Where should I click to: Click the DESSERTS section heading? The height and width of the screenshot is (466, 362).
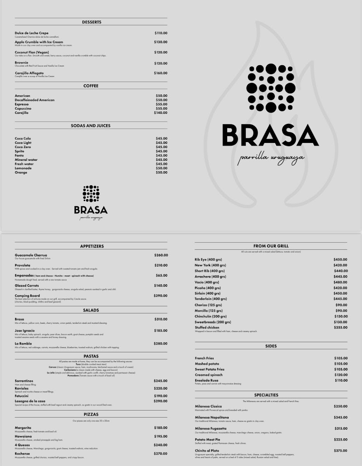pyautogui.click(x=91, y=22)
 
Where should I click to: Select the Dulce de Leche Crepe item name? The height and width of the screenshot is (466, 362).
pyautogui.click(x=32, y=33)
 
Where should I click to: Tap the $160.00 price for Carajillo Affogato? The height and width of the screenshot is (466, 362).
pyautogui.click(x=161, y=73)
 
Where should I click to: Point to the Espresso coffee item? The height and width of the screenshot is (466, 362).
pyautogui.click(x=22, y=104)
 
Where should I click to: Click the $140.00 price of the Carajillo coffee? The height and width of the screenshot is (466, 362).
pyautogui.click(x=161, y=113)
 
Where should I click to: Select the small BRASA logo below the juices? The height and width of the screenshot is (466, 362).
pyautogui.click(x=91, y=202)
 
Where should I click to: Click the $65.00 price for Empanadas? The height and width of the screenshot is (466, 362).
pyautogui.click(x=162, y=275)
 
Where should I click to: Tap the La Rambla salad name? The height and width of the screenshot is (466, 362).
pyautogui.click(x=22, y=343)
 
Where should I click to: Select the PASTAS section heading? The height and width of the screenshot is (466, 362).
pyautogui.click(x=91, y=356)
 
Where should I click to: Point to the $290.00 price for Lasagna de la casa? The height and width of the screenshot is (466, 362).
pyautogui.click(x=161, y=401)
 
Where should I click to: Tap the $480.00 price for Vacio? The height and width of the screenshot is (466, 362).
pyautogui.click(x=340, y=282)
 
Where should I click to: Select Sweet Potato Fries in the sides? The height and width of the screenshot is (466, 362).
pyautogui.click(x=210, y=369)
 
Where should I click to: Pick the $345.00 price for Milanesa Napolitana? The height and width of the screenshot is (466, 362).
pyautogui.click(x=341, y=417)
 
